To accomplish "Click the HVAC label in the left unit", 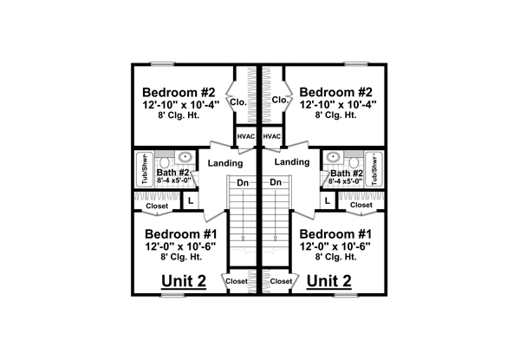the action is [246, 137].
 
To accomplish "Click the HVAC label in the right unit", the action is [271, 137].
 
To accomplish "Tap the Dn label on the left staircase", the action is [243, 182].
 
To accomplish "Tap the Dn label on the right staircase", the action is [276, 182].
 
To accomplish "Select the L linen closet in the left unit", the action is [191, 200].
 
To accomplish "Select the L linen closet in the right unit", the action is [328, 200].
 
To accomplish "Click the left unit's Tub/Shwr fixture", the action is [145, 169].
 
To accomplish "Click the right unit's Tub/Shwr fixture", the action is [374, 169].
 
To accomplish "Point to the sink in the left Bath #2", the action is [185, 156].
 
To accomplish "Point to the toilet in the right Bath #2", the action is [354, 162].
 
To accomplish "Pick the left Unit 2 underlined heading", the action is [184, 281].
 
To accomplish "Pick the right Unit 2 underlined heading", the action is [329, 281].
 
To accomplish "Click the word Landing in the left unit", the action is [225, 163].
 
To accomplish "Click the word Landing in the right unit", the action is [292, 162].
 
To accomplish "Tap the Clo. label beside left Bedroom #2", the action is [238, 102].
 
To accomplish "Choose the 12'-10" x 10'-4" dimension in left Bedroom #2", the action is [181, 105].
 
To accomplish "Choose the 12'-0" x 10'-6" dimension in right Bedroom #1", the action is [335, 246].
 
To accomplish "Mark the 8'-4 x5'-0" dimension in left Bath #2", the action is [174, 180].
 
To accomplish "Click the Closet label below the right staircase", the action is [281, 281].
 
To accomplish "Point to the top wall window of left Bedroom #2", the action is [163, 63].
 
